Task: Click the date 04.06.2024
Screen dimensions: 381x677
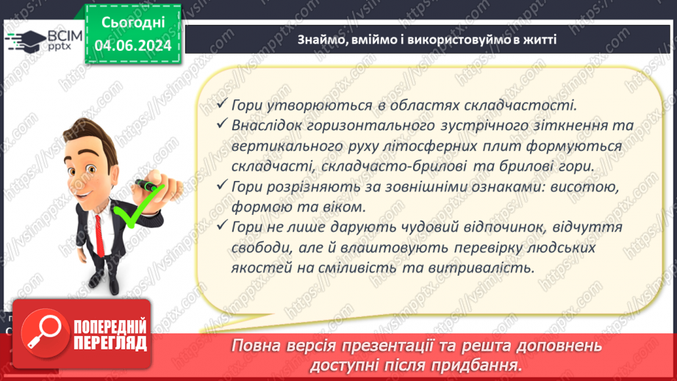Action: pyautogui.click(x=132, y=45)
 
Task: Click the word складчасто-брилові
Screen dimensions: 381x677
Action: pyautogui.click(x=383, y=167)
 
